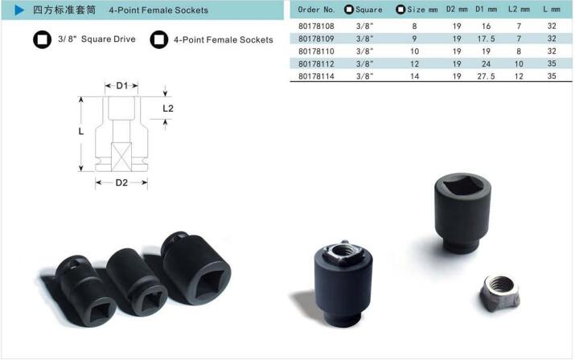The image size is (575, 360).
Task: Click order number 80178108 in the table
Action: tap(316, 26)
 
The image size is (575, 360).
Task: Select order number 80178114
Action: tap(316, 76)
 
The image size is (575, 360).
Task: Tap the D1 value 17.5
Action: tap(486, 39)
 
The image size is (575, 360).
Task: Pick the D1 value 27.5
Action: tap(486, 76)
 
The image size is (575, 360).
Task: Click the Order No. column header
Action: tap(316, 10)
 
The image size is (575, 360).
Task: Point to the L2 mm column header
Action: tap(519, 10)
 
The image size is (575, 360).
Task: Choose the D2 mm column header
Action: tap(457, 10)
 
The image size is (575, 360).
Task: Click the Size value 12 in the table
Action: tap(414, 63)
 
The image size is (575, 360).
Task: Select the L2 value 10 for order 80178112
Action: tap(519, 63)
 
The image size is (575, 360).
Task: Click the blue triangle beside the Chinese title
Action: tap(19, 10)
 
